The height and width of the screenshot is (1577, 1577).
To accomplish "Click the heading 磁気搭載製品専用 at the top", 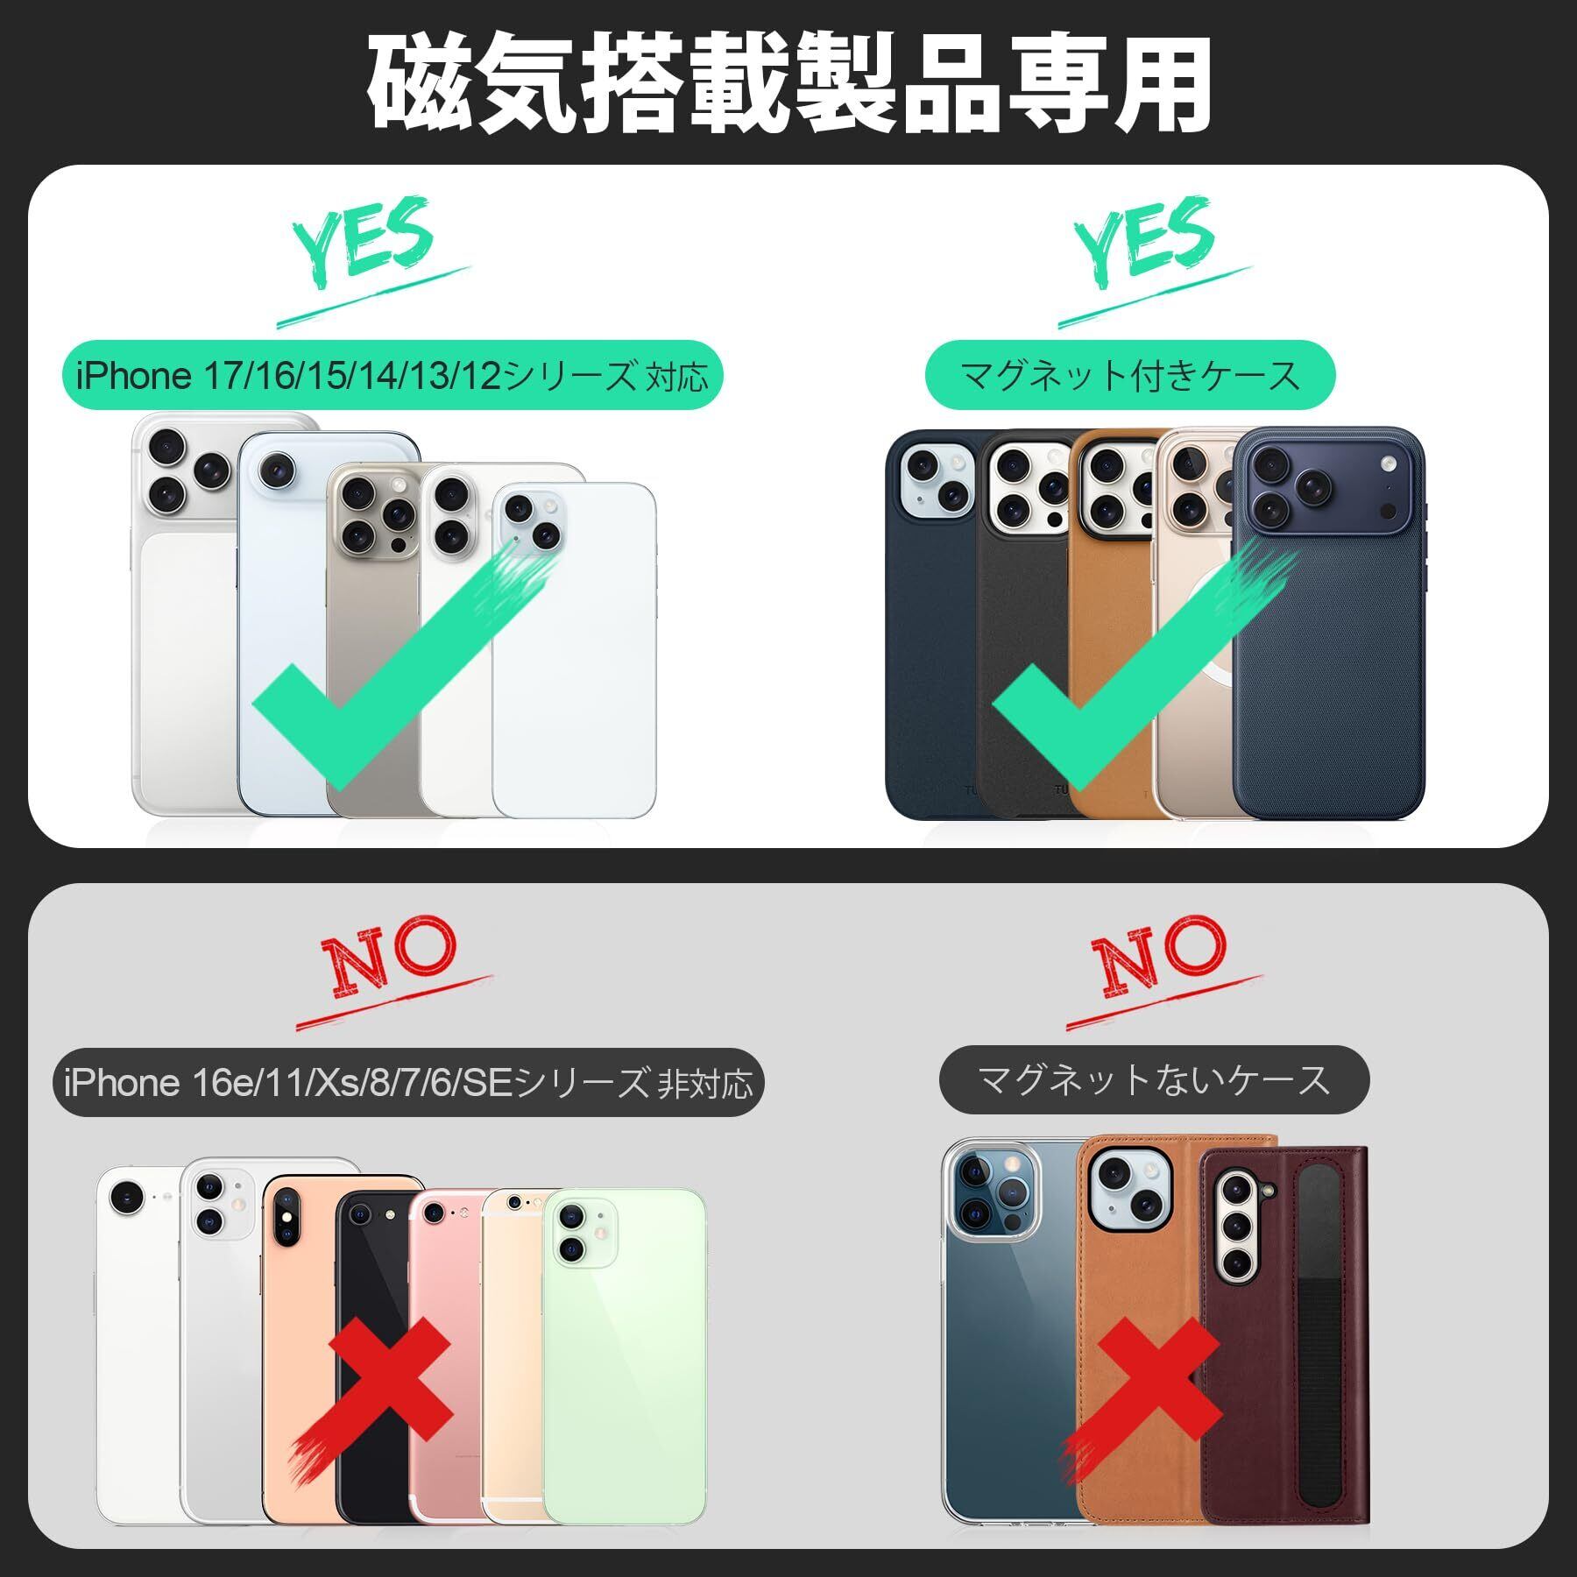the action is coord(788,85).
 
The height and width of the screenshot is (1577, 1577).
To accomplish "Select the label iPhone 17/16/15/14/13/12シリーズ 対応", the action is coord(392,376).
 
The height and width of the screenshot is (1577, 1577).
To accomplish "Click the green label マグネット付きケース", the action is coord(1130,376).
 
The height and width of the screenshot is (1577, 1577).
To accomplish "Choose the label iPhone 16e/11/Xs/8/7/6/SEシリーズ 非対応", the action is coord(408,1083).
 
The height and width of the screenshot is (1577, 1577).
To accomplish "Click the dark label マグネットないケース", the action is coord(1154,1079).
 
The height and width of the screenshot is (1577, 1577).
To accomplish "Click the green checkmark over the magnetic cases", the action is coord(1139,666).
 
